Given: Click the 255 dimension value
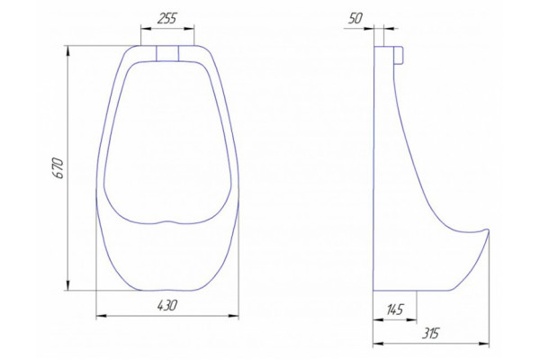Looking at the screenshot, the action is (x=166, y=18).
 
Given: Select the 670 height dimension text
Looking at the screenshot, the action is (x=58, y=168).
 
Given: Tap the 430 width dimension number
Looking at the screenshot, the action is (x=167, y=305).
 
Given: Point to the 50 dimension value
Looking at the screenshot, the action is (x=355, y=18).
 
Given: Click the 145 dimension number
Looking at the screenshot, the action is (x=395, y=310).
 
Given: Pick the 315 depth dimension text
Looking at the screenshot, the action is (x=431, y=333).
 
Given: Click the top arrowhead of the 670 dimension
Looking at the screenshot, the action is (x=68, y=50).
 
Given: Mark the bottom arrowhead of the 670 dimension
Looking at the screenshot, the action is (x=68, y=285).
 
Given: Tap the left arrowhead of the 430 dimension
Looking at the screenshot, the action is (x=101, y=315).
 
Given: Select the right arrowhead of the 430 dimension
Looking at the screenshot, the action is (x=233, y=315).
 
